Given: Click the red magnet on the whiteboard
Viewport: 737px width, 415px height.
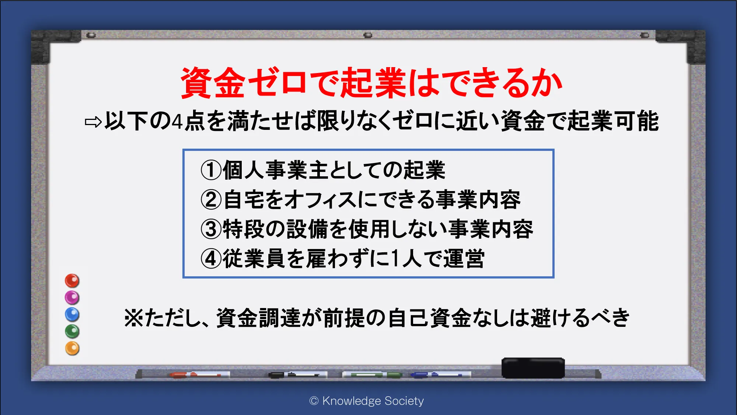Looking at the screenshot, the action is tap(72, 281).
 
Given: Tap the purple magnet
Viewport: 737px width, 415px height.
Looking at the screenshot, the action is tap(72, 298).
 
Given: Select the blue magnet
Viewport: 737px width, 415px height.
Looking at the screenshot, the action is tap(72, 315).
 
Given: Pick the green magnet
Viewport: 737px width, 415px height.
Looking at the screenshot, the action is tap(72, 331).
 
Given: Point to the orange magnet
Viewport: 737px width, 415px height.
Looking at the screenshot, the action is tap(72, 348).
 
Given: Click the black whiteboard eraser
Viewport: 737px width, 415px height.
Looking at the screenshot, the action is tap(533, 368).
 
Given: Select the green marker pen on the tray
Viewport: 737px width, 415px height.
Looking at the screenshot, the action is tap(372, 375).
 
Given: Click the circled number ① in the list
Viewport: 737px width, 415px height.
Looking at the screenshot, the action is tap(211, 170).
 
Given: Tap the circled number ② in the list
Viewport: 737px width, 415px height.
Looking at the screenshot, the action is tap(211, 200).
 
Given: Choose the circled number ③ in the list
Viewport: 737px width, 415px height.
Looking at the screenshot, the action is tap(211, 229).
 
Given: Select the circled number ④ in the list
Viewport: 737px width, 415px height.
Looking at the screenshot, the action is tap(211, 259).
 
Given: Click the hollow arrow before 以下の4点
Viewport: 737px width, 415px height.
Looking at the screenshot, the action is tap(93, 122).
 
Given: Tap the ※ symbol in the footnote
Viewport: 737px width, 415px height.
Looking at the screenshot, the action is tap(133, 318).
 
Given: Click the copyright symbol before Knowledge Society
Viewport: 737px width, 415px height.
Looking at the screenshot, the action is tap(314, 401).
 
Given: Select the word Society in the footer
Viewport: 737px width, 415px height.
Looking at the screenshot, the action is tap(404, 401).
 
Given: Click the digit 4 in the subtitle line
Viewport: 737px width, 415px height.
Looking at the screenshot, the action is tap(178, 121).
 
